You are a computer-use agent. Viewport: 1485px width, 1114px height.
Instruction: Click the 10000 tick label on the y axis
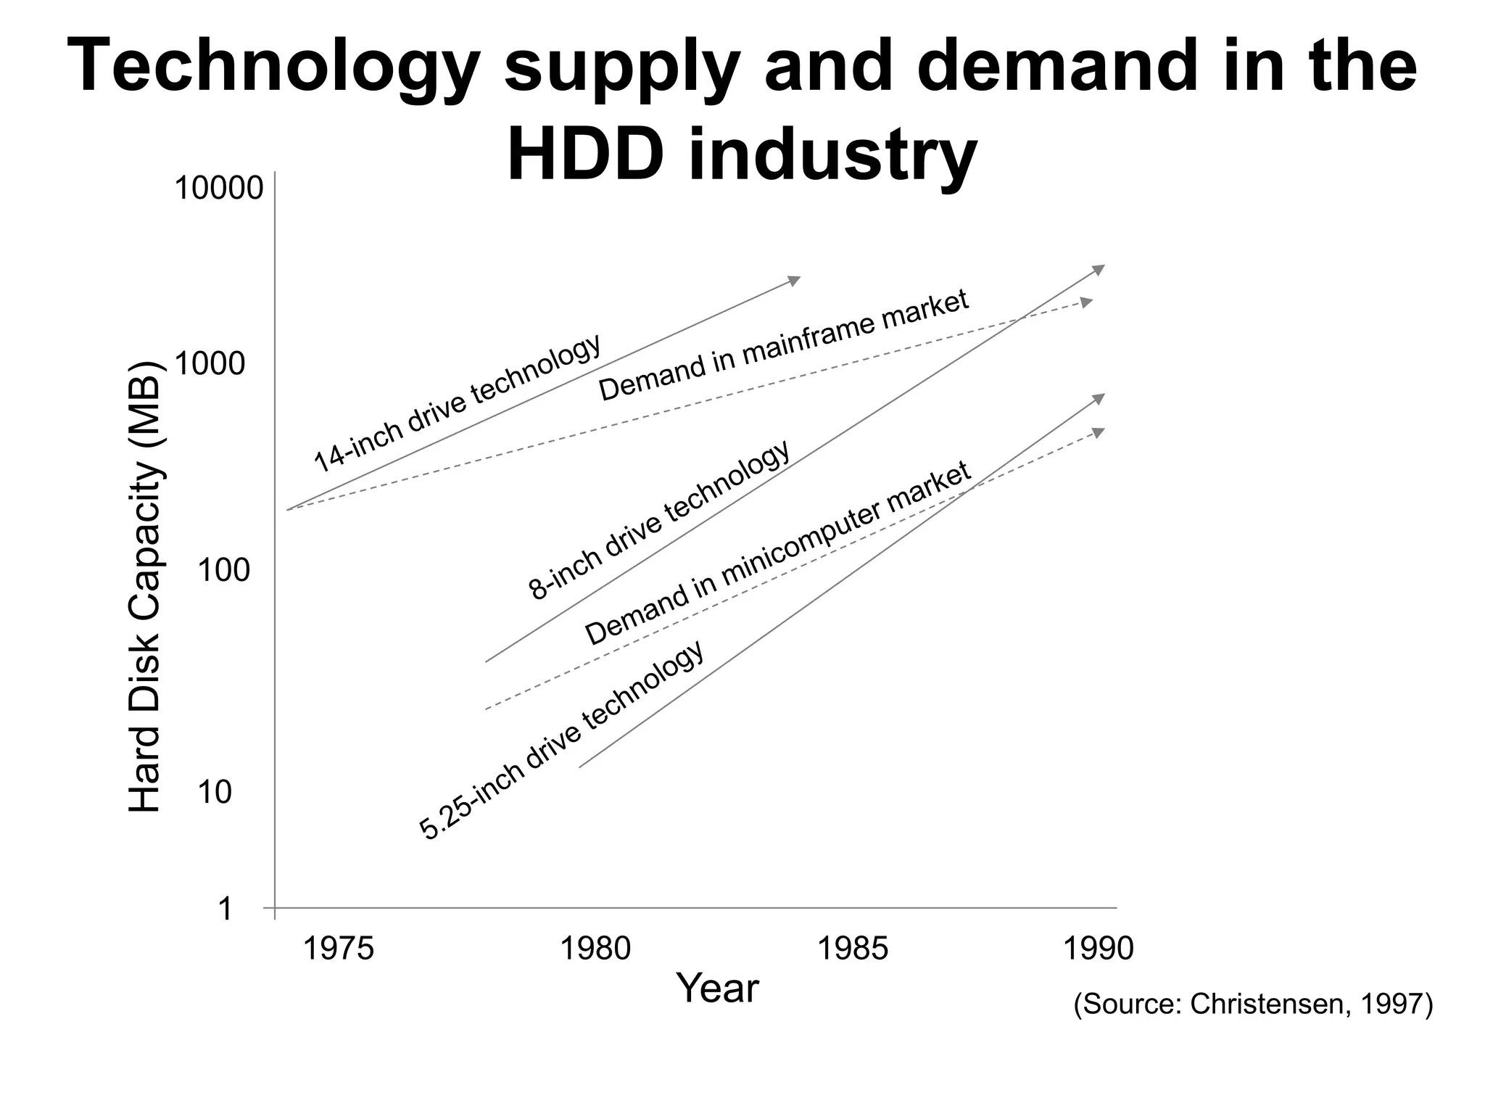[218, 189]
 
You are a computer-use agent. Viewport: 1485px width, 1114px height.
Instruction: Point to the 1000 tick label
[210, 364]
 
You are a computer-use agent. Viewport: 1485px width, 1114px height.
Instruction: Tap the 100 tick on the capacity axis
[223, 572]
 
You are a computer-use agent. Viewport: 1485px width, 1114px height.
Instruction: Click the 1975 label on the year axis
[338, 949]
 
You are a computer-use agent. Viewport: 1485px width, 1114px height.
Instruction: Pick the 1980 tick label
[596, 949]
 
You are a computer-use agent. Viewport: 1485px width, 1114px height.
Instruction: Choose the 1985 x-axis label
[853, 949]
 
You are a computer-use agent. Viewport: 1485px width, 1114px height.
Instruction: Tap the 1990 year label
[1098, 949]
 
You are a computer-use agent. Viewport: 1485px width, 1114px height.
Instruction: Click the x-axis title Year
[717, 989]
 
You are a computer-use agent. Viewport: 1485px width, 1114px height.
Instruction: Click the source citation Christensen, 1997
[1253, 1005]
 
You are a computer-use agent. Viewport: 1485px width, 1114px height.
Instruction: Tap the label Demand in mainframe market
[783, 345]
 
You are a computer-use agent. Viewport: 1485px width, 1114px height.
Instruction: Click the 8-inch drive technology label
[658, 521]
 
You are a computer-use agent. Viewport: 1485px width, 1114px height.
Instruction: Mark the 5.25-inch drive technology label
[562, 740]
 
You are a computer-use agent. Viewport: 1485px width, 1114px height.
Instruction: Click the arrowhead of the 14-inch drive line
[795, 280]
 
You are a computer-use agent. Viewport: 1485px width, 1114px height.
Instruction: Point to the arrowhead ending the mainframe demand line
[1087, 302]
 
